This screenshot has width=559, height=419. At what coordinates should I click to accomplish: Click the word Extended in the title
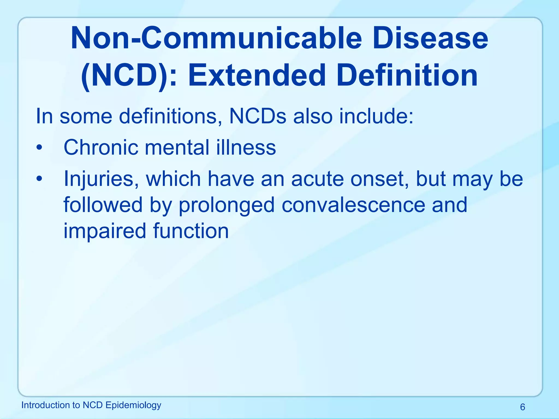257,75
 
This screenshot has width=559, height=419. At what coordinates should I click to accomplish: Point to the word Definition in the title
407,75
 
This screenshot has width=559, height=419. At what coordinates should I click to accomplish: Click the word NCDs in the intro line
258,116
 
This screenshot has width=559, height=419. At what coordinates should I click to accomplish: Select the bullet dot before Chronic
40,148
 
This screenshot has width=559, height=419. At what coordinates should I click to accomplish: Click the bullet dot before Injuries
40,179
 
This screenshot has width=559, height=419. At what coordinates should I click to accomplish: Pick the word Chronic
101,148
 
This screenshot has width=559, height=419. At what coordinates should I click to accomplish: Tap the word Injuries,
101,179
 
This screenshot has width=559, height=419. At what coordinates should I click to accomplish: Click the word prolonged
226,205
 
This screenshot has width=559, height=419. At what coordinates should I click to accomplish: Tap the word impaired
105,231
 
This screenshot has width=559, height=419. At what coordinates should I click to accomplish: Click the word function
191,231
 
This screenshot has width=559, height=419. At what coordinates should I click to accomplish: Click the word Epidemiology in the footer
133,405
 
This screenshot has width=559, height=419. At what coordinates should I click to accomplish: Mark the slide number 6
522,407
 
